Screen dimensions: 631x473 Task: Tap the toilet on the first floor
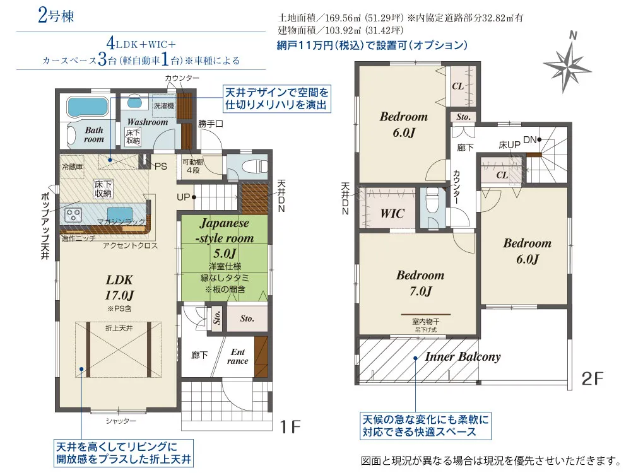[x=254, y=166]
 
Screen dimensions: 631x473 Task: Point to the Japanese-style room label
[x=225, y=230]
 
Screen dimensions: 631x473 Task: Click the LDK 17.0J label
[x=119, y=287]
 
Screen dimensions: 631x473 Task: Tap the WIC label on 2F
[x=392, y=213]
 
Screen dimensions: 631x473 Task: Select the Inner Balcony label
[x=463, y=357]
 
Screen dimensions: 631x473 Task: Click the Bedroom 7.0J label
[x=420, y=283]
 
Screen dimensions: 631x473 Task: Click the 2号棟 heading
[x=56, y=16]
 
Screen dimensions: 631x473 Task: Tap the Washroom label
[x=147, y=122]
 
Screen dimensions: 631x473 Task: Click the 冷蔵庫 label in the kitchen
[x=73, y=166]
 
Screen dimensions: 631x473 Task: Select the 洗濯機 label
[x=164, y=106]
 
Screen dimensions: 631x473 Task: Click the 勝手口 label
[x=211, y=124]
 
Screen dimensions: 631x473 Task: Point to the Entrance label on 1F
[x=237, y=356]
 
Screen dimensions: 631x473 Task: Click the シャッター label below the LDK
[x=121, y=421]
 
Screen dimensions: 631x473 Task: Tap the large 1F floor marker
[x=290, y=427]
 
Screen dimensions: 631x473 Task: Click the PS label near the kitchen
[x=160, y=166]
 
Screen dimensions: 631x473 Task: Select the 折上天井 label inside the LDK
[x=119, y=328]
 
